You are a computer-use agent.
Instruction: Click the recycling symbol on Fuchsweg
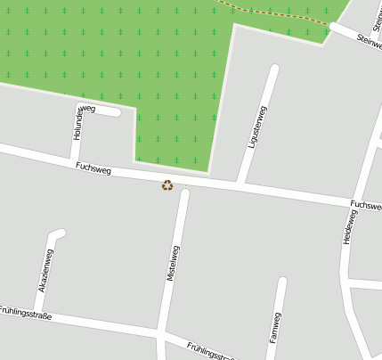point(167,185)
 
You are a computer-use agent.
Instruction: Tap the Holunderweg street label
point(78,122)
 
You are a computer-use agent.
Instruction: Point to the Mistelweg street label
point(173,265)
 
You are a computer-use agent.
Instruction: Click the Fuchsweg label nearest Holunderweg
point(93,168)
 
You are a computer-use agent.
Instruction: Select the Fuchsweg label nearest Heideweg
point(366,205)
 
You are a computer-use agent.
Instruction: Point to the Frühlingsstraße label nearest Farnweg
point(212,350)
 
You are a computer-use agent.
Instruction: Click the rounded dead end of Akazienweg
point(60,234)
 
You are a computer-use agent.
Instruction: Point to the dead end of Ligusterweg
point(274,68)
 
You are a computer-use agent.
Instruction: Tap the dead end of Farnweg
point(282,282)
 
